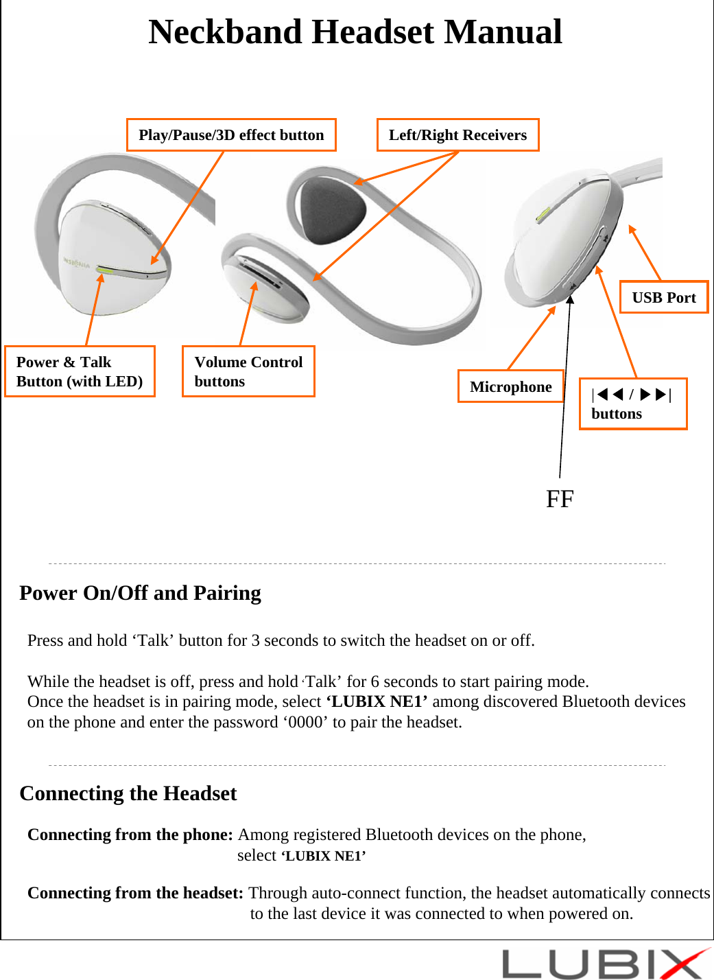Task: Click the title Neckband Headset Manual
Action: (355, 32)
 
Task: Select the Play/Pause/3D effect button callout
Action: (231, 135)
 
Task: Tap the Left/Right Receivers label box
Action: (457, 135)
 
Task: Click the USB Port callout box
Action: (663, 297)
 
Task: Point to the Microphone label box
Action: (510, 386)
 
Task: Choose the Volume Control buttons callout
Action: (248, 371)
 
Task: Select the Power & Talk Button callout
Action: (80, 371)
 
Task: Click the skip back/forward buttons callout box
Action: (632, 404)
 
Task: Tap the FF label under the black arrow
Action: (560, 499)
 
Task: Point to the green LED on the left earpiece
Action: (104, 270)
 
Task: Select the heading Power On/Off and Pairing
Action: (141, 592)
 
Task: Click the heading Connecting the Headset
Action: (128, 793)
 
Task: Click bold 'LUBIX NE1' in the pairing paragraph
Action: (377, 701)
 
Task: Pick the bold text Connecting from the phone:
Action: (130, 835)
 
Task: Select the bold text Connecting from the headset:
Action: (135, 893)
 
